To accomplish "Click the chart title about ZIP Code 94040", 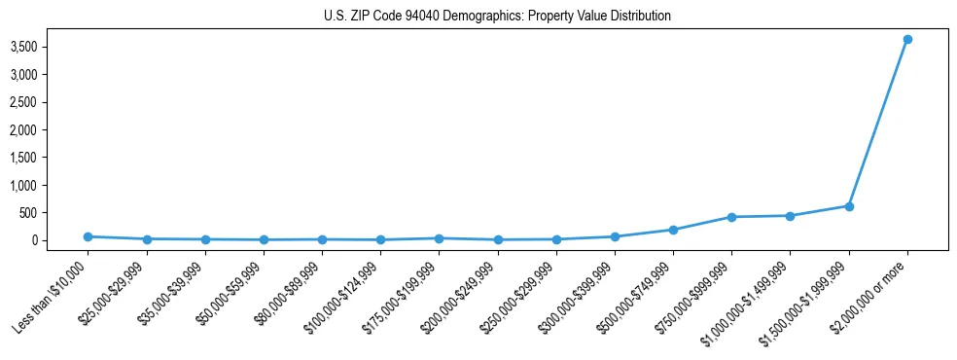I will point(497,16).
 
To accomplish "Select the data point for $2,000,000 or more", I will point(907,40).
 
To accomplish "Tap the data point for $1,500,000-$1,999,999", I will point(849,206).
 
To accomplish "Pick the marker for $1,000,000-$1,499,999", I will point(790,216).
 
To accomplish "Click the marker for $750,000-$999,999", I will point(731,217).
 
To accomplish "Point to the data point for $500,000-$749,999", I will point(673,230).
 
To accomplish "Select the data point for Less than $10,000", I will point(88,236).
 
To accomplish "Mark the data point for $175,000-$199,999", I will point(439,238).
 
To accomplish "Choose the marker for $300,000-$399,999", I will point(615,236).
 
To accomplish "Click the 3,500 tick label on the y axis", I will point(52,47).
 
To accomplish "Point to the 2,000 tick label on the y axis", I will point(52,129).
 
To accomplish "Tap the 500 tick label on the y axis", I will point(56,213).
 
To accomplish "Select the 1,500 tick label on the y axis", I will point(52,158).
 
